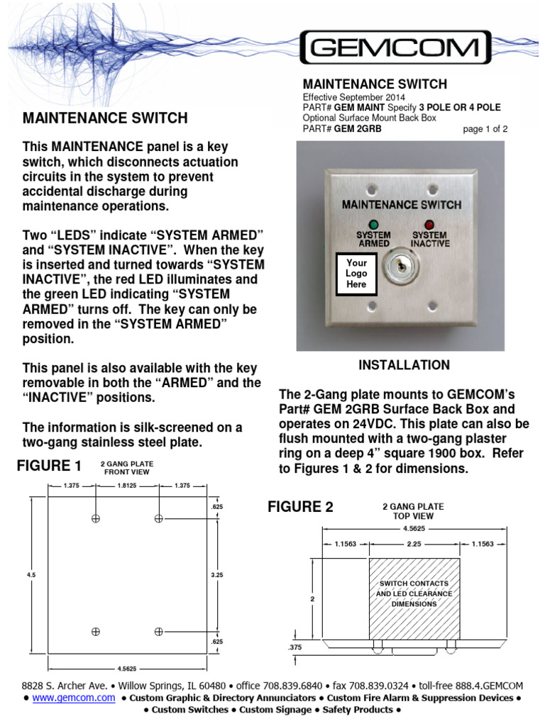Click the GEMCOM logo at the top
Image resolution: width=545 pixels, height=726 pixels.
click(x=395, y=48)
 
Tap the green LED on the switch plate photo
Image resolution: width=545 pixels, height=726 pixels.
click(x=374, y=225)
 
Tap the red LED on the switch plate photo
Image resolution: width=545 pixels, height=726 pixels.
click(x=429, y=225)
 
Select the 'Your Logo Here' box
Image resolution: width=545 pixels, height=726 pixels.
click(x=356, y=273)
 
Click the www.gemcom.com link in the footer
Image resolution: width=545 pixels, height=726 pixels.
click(x=74, y=698)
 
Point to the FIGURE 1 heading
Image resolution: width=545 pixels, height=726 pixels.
click(x=49, y=466)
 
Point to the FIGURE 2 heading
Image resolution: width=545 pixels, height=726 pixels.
click(x=299, y=506)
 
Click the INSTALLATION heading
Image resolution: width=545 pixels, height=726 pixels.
click(x=404, y=365)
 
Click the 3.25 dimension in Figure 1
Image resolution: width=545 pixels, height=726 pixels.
click(x=216, y=575)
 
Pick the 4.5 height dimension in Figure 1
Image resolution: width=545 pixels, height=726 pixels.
click(x=31, y=575)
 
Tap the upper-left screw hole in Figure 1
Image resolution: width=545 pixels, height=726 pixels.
click(x=95, y=519)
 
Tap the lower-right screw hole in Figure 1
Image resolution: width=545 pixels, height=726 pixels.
click(x=159, y=631)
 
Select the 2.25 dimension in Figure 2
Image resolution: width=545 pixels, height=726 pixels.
click(x=415, y=544)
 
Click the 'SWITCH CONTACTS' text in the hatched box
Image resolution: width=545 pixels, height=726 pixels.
click(x=414, y=583)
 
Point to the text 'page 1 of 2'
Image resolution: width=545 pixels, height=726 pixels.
click(x=485, y=129)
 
